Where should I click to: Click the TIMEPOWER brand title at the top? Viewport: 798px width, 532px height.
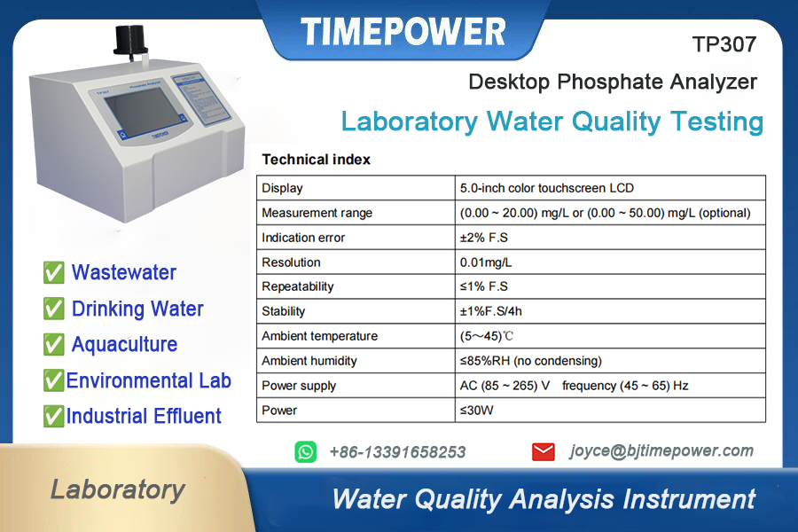point(403,32)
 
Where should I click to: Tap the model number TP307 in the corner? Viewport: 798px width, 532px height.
point(724,44)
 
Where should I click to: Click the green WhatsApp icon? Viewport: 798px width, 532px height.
point(305,452)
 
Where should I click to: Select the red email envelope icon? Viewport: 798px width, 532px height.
point(543,451)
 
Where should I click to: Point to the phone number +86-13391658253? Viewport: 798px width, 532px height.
point(397,452)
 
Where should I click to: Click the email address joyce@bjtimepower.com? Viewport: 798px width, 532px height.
point(661,451)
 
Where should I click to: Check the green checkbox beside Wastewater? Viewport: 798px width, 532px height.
point(53,272)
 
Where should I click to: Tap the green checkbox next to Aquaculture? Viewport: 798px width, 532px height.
point(53,345)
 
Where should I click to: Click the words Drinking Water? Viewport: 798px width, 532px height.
point(137,309)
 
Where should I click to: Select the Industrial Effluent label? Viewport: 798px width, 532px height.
point(144,416)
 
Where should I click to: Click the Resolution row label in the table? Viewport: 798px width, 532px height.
point(291,262)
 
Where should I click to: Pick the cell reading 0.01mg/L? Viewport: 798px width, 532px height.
point(486,262)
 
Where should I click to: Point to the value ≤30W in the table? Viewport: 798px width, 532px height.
point(476,411)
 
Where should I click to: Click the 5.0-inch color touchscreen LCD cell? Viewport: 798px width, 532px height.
point(546,188)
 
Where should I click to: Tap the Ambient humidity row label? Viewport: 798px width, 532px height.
point(309,361)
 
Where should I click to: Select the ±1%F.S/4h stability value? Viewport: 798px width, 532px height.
point(490,311)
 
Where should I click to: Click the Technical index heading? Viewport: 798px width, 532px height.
point(316,160)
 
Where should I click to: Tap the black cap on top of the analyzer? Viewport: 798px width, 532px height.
point(130,40)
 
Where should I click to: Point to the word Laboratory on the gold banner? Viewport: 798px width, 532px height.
point(118,489)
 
